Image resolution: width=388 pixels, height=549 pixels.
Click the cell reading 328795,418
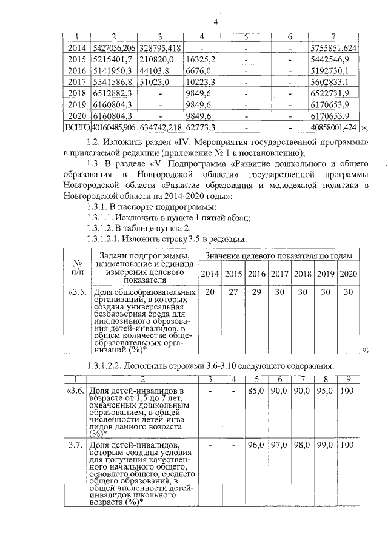click(160, 47)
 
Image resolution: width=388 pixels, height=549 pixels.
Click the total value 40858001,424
click(333, 128)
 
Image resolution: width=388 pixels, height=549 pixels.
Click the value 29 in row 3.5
click(256, 292)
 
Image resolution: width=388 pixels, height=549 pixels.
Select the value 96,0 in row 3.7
click(255, 445)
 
